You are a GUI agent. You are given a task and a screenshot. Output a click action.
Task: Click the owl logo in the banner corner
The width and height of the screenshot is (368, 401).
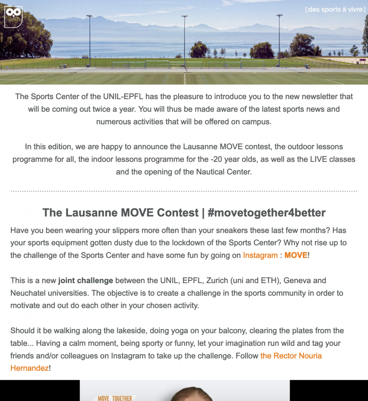[13, 16]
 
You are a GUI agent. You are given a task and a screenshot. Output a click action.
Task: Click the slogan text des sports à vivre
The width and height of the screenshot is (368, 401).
[335, 10]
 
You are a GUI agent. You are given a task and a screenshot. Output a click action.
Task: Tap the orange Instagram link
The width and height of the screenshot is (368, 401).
[260, 256]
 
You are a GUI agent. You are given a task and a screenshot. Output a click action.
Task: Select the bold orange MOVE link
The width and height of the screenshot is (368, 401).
[296, 256]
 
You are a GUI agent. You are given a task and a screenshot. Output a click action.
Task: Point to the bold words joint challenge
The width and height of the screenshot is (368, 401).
[86, 281]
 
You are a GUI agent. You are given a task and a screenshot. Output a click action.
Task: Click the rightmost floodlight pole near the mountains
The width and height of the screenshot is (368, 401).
[279, 37]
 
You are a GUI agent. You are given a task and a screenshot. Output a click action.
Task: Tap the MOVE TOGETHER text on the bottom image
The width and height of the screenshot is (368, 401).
[115, 398]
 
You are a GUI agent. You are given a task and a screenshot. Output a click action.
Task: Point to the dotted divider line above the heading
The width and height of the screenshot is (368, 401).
[184, 191]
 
